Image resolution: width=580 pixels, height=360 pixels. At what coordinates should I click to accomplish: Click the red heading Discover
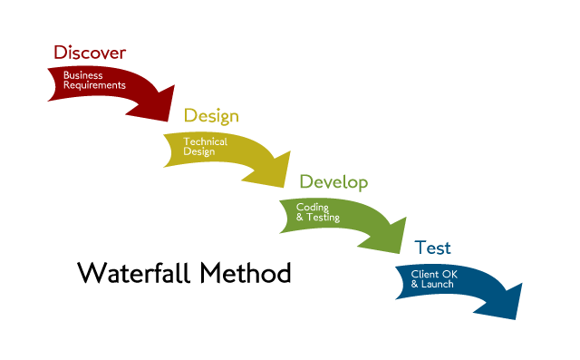89,53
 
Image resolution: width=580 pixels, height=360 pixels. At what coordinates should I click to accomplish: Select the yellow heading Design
211,116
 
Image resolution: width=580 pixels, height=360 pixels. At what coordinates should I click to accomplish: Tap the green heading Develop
333,182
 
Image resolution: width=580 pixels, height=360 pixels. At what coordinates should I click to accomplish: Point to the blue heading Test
432,248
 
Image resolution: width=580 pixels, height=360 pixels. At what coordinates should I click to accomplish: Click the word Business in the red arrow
82,75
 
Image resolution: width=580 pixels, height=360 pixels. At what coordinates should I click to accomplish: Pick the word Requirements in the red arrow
94,85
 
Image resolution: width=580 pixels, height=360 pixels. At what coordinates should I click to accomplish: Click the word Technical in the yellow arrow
205,142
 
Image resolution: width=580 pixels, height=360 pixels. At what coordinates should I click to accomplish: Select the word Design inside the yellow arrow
198,151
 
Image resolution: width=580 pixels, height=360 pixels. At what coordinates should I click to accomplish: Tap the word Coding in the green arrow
312,208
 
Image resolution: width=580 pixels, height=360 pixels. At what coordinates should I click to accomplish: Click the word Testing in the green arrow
324,218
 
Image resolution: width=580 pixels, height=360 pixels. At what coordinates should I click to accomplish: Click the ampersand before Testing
300,218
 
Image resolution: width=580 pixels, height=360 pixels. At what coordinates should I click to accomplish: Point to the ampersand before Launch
415,284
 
